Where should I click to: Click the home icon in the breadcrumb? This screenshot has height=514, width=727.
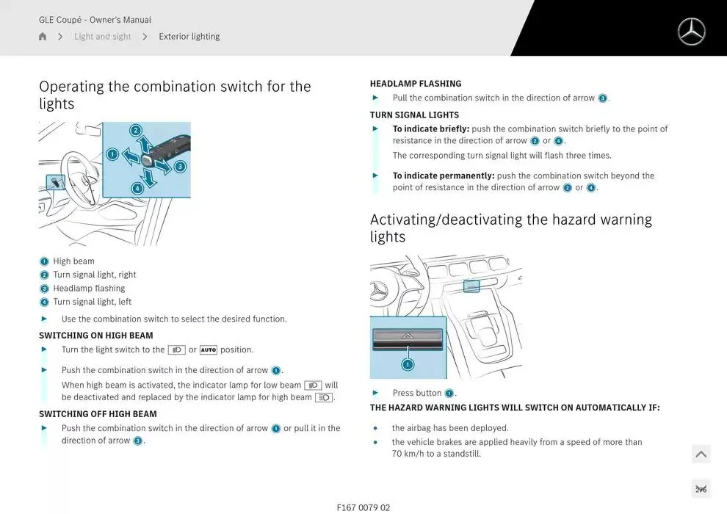pos(43,37)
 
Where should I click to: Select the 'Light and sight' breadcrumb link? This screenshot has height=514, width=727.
pos(102,37)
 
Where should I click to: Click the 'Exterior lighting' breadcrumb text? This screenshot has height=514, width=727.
pos(189,37)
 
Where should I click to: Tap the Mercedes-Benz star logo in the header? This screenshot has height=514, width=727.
pos(690,32)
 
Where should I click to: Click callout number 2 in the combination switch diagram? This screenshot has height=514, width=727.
pos(136,131)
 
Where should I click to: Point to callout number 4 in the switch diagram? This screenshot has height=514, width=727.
pos(137,188)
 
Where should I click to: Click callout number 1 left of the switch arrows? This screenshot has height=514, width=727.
pos(112,154)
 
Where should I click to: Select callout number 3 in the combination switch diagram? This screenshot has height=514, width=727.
pos(180,167)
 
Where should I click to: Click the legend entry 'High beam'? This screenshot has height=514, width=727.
pos(73,261)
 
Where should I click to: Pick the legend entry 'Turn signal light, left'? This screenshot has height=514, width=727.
pos(92,302)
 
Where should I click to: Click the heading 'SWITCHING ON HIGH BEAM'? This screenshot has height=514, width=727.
pos(96,336)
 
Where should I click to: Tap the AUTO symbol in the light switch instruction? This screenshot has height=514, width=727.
pos(209,350)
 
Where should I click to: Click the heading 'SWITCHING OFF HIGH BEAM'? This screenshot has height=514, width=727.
pos(98,414)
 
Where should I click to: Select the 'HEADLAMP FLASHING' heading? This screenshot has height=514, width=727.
pos(416,84)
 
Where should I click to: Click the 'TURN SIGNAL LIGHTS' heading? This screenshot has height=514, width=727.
pos(414,115)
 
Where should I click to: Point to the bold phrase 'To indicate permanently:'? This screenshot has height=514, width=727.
pos(444,176)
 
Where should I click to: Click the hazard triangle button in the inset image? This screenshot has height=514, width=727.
pos(408,336)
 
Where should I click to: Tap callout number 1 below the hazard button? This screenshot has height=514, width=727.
pos(408,364)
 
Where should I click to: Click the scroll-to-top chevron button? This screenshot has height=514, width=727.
pos(701,455)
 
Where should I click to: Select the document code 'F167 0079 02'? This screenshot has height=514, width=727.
pos(363,507)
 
